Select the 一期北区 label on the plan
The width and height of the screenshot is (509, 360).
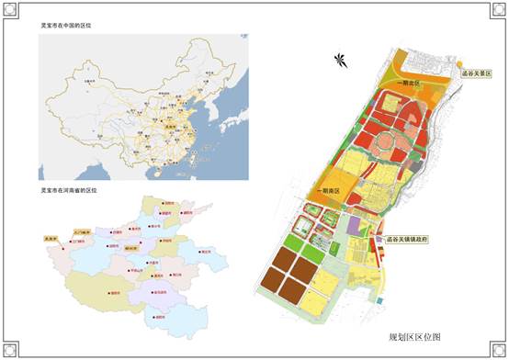(408, 84)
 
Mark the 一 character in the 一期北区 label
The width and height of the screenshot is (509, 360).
(400, 84)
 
